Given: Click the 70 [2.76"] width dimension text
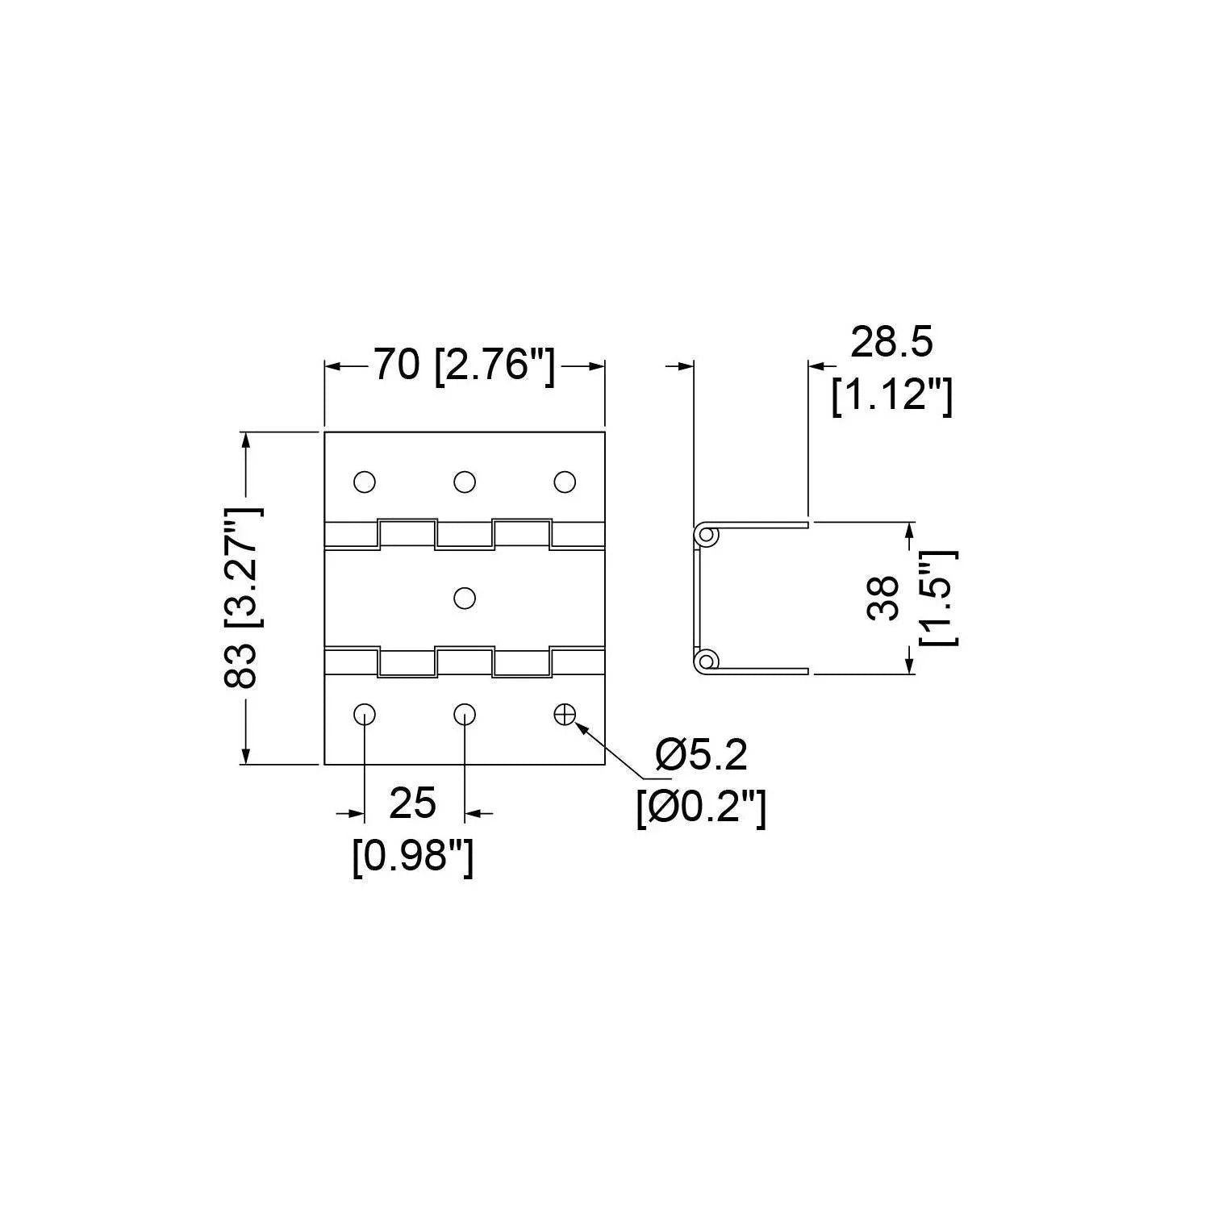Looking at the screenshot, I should pyautogui.click(x=464, y=367).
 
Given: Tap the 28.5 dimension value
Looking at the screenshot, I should pyautogui.click(x=891, y=342).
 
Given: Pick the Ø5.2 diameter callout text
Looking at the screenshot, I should pyautogui.click(x=701, y=755).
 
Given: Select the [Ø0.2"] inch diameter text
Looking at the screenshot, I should pyautogui.click(x=701, y=807).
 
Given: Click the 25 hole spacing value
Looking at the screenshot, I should pyautogui.click(x=412, y=803).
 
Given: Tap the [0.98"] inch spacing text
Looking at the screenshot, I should pyautogui.click(x=412, y=857).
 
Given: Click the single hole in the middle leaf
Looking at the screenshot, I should pyautogui.click(x=464, y=598).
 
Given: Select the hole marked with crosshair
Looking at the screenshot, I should pyautogui.click(x=564, y=714).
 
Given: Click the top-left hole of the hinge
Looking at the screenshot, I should pyautogui.click(x=364, y=482).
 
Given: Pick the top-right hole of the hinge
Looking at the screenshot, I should pyautogui.click(x=564, y=482).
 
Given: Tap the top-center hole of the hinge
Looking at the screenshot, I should pyautogui.click(x=464, y=482).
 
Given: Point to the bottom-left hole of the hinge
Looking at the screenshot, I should pyautogui.click(x=364, y=714).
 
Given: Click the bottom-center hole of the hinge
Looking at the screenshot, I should pyautogui.click(x=464, y=714).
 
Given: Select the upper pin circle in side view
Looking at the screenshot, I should pyautogui.click(x=707, y=534).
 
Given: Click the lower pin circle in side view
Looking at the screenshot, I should pyautogui.click(x=707, y=661).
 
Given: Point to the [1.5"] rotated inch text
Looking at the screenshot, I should pyautogui.click(x=939, y=598).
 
